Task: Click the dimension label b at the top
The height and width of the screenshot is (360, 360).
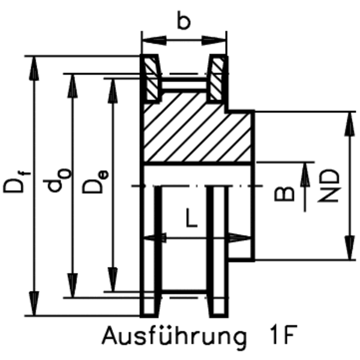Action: pyautogui.click(x=184, y=22)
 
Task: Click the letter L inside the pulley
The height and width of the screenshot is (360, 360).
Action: pyautogui.click(x=190, y=217)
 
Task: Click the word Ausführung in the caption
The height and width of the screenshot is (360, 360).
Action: pyautogui.click(x=174, y=337)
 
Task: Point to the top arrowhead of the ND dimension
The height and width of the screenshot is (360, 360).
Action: pyautogui.click(x=350, y=119)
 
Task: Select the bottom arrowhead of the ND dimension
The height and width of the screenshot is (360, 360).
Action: pyautogui.click(x=350, y=252)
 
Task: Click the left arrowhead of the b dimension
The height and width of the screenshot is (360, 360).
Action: pyautogui.click(x=148, y=41)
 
